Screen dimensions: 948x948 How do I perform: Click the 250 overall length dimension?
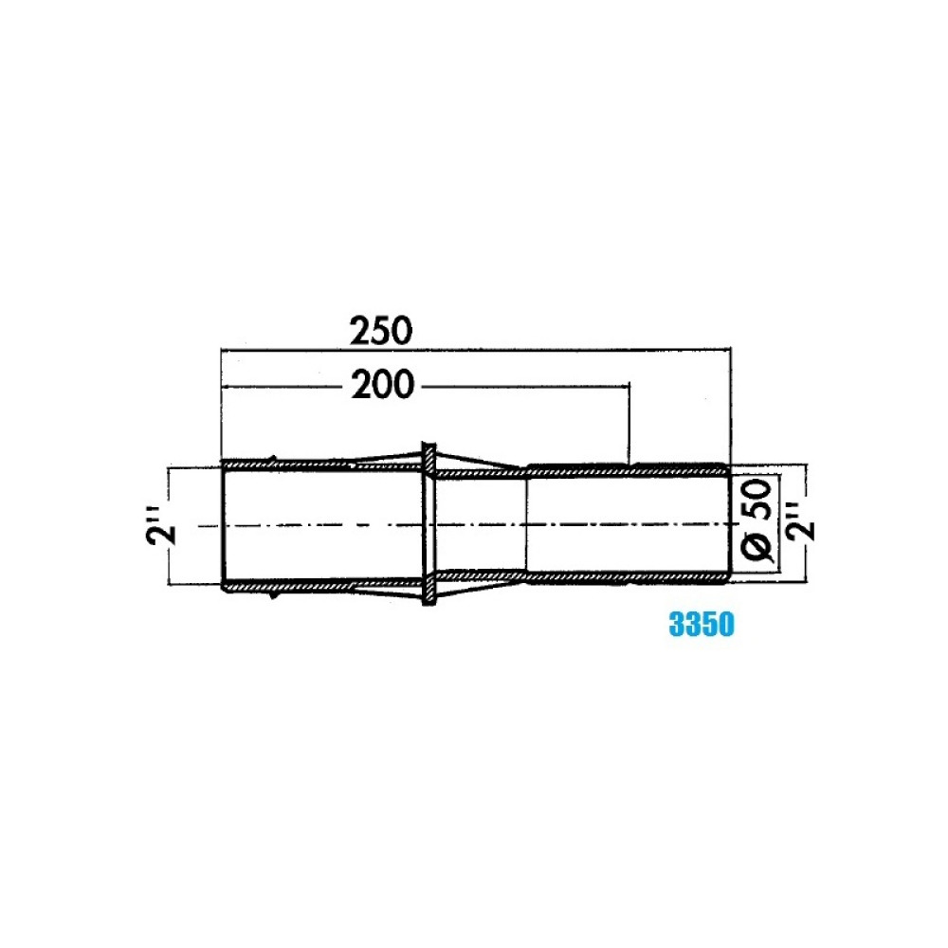tap(381, 330)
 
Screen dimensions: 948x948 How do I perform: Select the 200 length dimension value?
tap(383, 385)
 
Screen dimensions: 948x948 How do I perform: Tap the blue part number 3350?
tap(702, 624)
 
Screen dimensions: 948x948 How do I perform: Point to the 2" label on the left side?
tap(161, 526)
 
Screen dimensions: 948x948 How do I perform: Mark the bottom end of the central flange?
tap(428, 603)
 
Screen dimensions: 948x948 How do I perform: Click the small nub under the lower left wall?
tap(274, 595)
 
